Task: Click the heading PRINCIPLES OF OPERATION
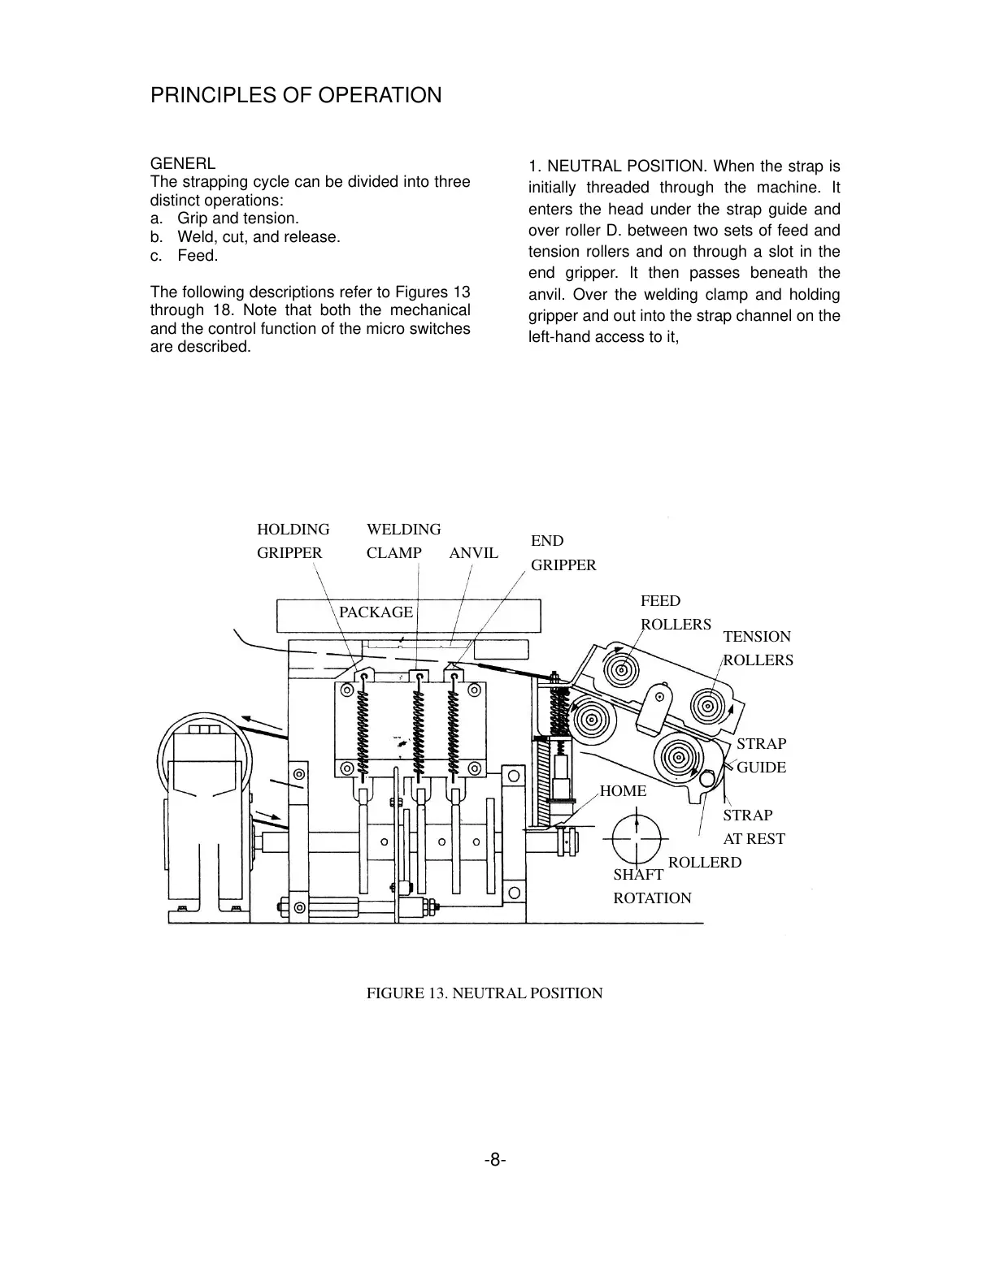296,96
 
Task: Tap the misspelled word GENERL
183,163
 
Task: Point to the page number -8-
495,1161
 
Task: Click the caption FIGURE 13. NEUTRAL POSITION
485,993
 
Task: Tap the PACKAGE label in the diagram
376,612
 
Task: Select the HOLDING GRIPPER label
293,541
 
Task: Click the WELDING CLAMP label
403,541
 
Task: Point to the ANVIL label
473,553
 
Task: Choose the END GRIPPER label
563,553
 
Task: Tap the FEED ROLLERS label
675,612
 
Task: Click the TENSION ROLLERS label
757,648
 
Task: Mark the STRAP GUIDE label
761,755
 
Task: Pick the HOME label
623,791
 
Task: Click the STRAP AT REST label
754,827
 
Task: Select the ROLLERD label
704,863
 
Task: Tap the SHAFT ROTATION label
651,886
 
